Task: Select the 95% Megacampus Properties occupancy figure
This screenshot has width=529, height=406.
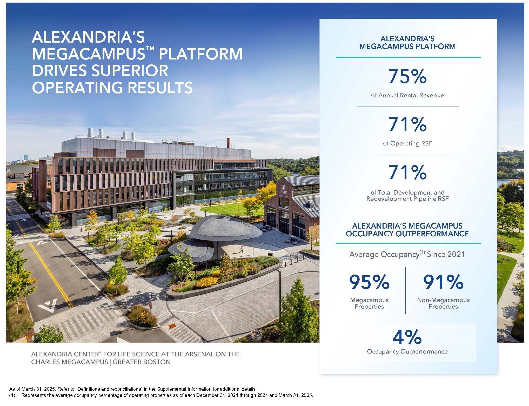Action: [x=369, y=282]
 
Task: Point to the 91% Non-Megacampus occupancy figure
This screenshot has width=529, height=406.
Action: [x=443, y=282]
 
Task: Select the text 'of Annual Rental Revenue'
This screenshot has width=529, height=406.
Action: [x=407, y=95]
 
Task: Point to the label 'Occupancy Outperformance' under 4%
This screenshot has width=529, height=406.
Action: [x=407, y=351]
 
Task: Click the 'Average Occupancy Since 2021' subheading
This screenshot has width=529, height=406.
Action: [x=407, y=254]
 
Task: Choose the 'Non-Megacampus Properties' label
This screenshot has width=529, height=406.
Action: [x=443, y=303]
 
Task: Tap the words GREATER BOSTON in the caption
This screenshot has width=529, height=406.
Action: [x=142, y=362]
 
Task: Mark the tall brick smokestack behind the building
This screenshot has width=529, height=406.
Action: [x=229, y=143]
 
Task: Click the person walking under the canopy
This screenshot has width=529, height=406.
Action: [x=242, y=248]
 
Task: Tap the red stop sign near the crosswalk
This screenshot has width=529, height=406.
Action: [x=150, y=304]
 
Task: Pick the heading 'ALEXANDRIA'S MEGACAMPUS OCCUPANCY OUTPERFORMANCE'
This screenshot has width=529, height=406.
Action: [x=407, y=230]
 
